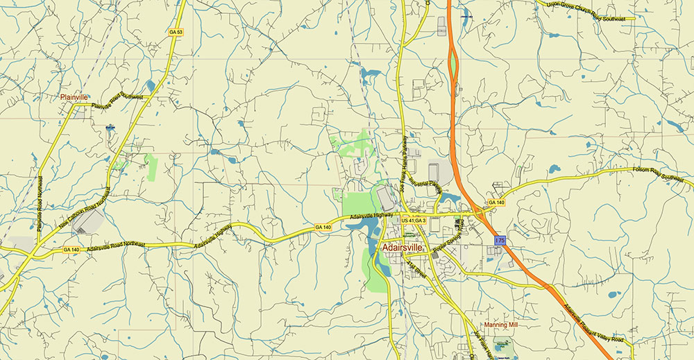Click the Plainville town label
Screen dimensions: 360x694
click(74, 98)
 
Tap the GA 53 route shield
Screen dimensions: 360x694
click(176, 33)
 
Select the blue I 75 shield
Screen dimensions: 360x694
click(500, 240)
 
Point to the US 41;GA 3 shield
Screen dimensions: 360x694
click(414, 221)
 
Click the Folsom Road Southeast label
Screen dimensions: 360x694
click(662, 173)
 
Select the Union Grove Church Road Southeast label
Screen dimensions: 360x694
click(586, 10)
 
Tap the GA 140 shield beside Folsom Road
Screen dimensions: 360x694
click(496, 203)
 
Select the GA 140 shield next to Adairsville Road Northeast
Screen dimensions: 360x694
click(71, 249)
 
